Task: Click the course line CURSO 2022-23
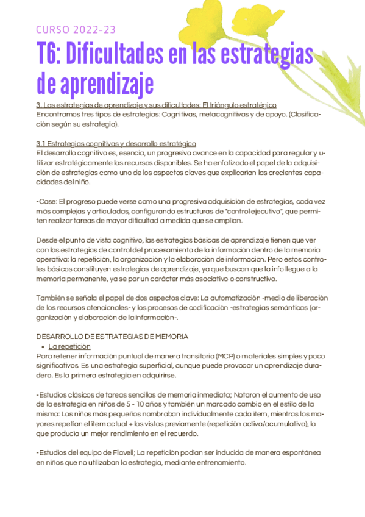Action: click(76, 30)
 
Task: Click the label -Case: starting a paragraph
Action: click(49, 201)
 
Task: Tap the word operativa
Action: click(54, 259)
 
